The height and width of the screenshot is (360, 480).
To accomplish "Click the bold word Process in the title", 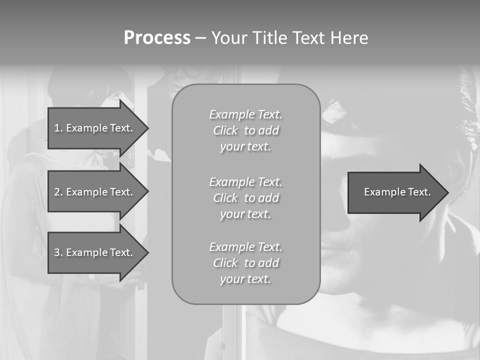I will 157,38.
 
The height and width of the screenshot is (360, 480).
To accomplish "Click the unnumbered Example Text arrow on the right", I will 395,192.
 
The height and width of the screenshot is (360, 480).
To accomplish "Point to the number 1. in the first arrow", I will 58,128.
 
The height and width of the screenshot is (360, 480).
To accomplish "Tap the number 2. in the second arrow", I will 58,192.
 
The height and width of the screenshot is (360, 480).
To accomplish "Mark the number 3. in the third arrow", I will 58,252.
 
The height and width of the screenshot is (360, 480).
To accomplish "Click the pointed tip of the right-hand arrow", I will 446,192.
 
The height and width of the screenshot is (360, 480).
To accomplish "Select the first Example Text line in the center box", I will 245,114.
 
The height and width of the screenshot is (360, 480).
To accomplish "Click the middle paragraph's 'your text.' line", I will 245,214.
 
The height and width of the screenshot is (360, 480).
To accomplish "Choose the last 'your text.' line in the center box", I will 245,279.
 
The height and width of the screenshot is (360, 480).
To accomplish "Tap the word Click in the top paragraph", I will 225,130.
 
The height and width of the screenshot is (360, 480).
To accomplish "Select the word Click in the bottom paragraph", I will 225,263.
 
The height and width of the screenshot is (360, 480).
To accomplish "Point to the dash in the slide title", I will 200,38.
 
